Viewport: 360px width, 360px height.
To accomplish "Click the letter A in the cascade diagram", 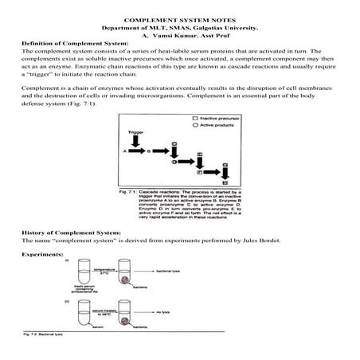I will click(126, 149).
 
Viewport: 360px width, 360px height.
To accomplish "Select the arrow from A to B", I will click(137, 150).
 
